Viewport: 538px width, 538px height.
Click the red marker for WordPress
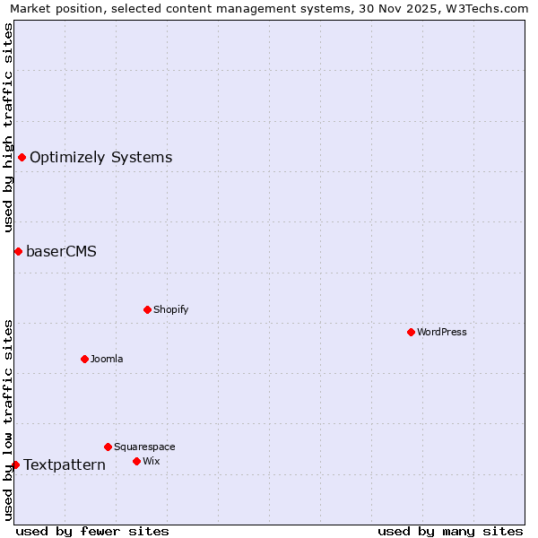tap(411, 332)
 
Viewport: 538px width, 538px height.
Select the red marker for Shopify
tap(147, 309)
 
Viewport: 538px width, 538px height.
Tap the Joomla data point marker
tap(84, 359)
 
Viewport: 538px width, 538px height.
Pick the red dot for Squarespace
tap(108, 447)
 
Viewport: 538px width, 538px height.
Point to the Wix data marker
tap(136, 461)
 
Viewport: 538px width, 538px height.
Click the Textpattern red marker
tap(15, 464)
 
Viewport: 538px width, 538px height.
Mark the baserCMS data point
tap(18, 251)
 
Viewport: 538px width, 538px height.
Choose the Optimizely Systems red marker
tap(22, 158)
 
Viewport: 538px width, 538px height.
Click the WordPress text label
tap(442, 332)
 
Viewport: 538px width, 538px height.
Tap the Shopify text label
tap(170, 309)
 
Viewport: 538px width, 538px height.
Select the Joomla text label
tap(107, 359)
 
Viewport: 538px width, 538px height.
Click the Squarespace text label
tap(144, 447)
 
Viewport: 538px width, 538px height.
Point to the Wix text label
tap(151, 461)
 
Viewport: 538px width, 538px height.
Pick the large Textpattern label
tap(65, 464)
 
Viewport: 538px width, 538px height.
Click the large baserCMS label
tap(61, 251)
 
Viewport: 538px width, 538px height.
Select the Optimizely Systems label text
tap(100, 158)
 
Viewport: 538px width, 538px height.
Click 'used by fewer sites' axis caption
tap(92, 531)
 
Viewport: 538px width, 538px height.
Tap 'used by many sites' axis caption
tap(450, 531)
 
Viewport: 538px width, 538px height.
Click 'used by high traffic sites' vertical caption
tap(8, 127)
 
